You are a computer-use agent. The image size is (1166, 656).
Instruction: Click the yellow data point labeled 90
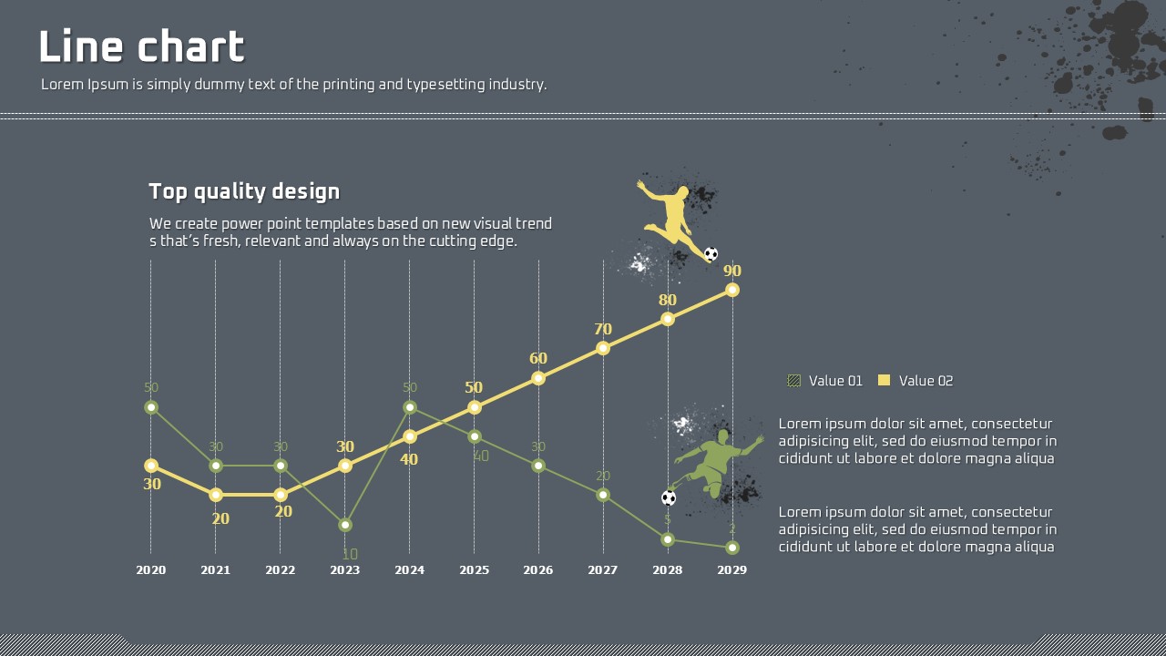pos(732,290)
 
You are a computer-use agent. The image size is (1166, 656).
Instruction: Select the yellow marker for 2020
pos(151,466)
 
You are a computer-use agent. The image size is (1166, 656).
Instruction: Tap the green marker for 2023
pos(344,525)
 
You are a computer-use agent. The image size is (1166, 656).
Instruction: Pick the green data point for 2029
pos(732,548)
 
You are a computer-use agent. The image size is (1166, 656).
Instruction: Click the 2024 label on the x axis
pos(409,570)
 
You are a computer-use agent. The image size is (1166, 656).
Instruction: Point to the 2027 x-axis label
pos(603,570)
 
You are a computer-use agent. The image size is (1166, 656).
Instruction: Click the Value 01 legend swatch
pos(794,381)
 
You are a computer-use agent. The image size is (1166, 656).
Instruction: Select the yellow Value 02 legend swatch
pos(884,381)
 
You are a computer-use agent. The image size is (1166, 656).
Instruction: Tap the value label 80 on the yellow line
pos(668,300)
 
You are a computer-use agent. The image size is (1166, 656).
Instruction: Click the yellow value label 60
pos(538,358)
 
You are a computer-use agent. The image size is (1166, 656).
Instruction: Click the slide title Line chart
pos(141,47)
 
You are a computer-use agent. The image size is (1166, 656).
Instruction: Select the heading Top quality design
pos(244,191)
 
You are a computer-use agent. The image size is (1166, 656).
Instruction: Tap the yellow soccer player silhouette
pos(673,216)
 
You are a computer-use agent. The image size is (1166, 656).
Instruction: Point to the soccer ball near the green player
pos(669,498)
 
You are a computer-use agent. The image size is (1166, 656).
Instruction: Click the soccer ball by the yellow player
pos(711,254)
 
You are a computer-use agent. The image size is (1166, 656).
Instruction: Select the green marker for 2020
pos(151,407)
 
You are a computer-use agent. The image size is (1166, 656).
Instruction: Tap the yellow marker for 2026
pos(538,377)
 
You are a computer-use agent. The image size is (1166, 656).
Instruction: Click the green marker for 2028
pos(668,539)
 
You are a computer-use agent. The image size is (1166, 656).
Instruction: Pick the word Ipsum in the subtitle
pos(108,85)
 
